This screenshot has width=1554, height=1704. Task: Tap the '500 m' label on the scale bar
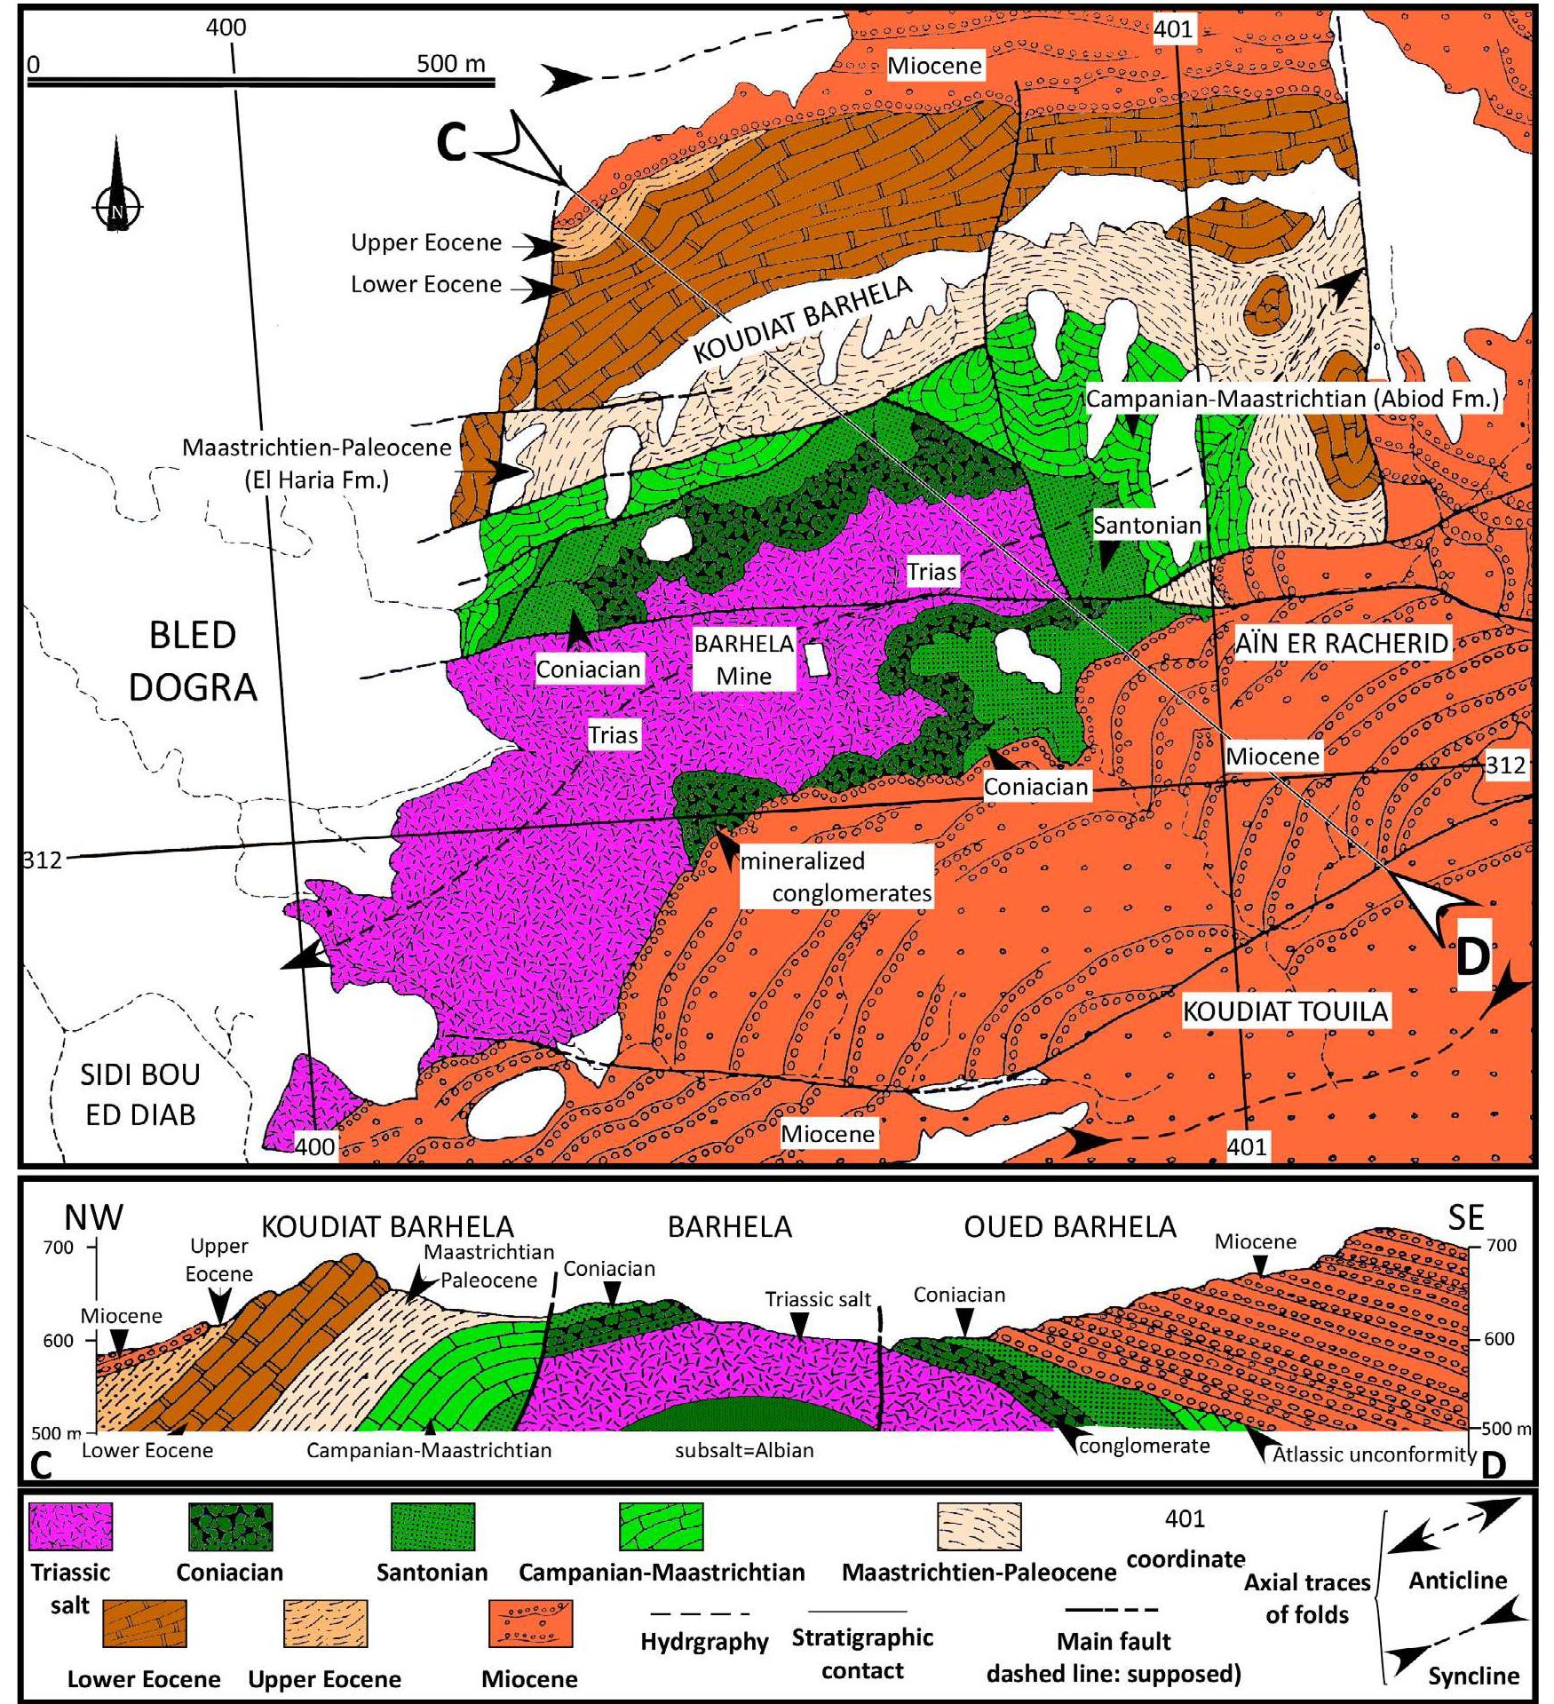(451, 63)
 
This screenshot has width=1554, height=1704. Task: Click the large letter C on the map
(452, 144)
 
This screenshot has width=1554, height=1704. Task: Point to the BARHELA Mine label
(744, 660)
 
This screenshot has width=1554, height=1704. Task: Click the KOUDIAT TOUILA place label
(1286, 1011)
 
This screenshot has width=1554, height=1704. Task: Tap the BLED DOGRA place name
(193, 661)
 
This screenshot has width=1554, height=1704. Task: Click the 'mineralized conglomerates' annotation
(836, 876)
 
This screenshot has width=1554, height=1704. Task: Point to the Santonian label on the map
(1146, 525)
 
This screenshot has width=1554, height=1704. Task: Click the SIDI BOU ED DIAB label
(140, 1094)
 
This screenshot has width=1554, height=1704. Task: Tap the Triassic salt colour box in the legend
(70, 1526)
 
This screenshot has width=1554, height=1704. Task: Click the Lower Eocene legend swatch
(145, 1623)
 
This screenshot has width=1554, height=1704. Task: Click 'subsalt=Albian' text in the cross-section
(744, 1451)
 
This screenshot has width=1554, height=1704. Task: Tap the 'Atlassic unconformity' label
(1374, 1454)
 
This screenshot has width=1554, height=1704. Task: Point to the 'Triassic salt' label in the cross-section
(818, 1300)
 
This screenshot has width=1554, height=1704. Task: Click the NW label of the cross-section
(94, 1217)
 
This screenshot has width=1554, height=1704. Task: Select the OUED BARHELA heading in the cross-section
(1069, 1227)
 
